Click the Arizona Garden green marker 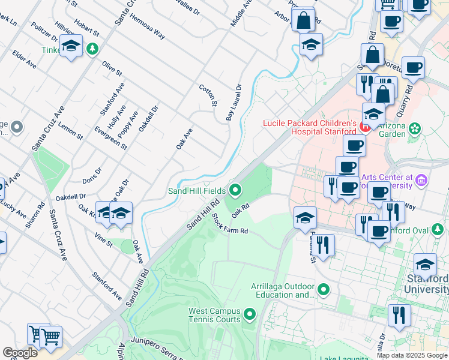pos(416,128)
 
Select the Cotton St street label pos(208,95)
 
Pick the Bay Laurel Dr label pos(234,103)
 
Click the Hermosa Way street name pos(148,26)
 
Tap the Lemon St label pos(71,130)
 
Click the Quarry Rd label pos(408,97)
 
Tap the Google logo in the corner pos(20,353)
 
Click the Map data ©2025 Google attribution pos(412,355)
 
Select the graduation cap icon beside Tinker pos(71,47)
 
